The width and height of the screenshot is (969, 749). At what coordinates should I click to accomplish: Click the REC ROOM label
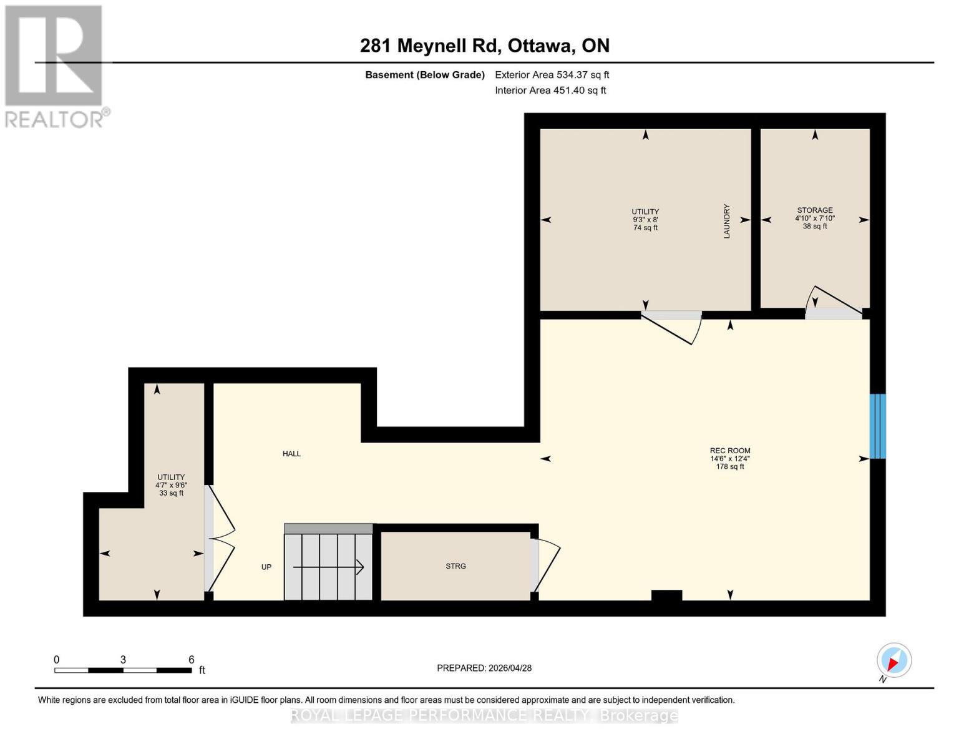coord(729,451)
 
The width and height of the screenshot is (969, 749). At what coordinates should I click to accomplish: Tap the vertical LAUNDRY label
coord(726,221)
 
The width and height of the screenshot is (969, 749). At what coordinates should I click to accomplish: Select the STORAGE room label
coord(814,210)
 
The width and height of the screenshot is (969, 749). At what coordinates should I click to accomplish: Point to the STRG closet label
coord(455,566)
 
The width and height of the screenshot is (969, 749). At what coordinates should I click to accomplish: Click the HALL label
coord(291,454)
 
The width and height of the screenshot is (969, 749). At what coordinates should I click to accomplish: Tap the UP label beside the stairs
coord(266,567)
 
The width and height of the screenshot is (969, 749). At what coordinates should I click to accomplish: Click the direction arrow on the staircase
coord(329,567)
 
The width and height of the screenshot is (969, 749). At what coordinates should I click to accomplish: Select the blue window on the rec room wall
coord(877,426)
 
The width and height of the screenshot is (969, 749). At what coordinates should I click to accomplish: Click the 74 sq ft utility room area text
coord(645,228)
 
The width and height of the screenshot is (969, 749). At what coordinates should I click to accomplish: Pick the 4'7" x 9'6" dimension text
coord(171,485)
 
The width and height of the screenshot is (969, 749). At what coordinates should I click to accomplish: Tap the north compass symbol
coord(894,661)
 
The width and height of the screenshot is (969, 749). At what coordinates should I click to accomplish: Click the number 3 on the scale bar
coord(123,660)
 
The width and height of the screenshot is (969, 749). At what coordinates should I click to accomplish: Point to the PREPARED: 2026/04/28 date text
coord(484,668)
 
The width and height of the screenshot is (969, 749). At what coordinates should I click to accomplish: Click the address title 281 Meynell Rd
coord(431,46)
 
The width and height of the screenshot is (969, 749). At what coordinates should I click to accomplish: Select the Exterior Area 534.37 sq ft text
coord(552,75)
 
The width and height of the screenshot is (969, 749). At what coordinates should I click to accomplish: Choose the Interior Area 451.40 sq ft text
coord(550,91)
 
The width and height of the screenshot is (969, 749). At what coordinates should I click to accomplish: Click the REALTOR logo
coord(55,66)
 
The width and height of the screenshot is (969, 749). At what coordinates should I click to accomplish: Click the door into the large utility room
coord(671,326)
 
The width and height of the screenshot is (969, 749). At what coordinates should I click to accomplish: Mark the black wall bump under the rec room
coord(666,595)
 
